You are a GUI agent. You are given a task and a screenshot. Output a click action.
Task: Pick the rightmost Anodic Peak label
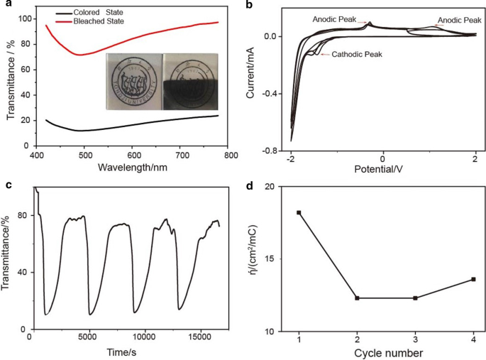461,21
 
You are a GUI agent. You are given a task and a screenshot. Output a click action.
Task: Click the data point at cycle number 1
299,212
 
